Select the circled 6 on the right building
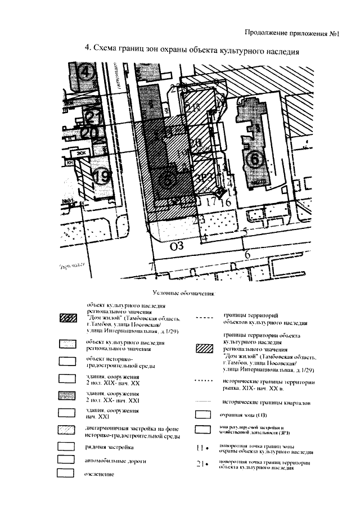(x=255, y=160)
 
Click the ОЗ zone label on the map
(x=177, y=245)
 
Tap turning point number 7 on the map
(x=150, y=265)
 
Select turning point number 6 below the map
(x=247, y=254)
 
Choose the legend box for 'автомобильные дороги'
(x=67, y=461)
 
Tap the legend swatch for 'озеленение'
(x=67, y=474)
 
